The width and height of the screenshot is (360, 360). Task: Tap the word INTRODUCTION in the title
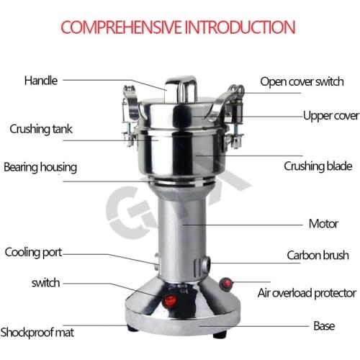[x=240, y=28]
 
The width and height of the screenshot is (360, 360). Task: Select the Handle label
[x=41, y=80]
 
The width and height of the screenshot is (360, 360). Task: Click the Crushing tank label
[x=40, y=130]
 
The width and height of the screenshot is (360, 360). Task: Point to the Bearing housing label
[x=40, y=167]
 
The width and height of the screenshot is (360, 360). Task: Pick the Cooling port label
[x=34, y=252]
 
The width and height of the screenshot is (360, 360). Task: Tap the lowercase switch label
[x=45, y=283]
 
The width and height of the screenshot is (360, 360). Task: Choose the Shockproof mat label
[x=37, y=333]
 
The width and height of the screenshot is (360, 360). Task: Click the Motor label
[x=323, y=223]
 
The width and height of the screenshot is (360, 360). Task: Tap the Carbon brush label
[x=318, y=255]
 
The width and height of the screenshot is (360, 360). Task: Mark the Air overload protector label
[x=307, y=293]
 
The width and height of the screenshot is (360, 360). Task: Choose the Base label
[x=323, y=325]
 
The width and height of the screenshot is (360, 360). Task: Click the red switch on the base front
[x=170, y=302]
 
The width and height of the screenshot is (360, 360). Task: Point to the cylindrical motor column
[x=180, y=230]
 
